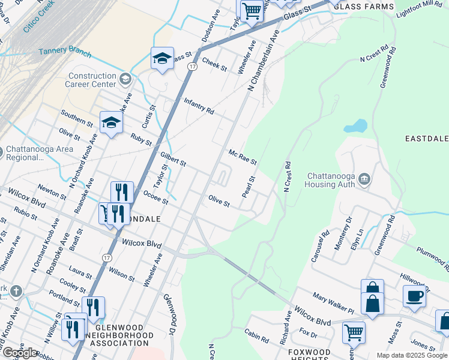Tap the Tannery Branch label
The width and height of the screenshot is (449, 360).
pyautogui.click(x=65, y=52)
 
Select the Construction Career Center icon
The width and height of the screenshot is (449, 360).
pyautogui.click(x=125, y=79)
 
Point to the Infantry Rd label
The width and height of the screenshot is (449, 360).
pyautogui.click(x=199, y=106)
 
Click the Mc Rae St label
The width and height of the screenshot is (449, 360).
pyautogui.click(x=243, y=158)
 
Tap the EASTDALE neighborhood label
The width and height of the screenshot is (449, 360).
pyautogui.click(x=427, y=139)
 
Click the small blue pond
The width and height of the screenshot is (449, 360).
pyautogui.click(x=355, y=127)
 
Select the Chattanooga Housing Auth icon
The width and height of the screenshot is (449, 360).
pyautogui.click(x=364, y=178)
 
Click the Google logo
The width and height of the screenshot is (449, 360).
pyautogui.click(x=19, y=353)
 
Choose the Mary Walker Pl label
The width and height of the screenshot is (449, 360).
pyautogui.click(x=333, y=302)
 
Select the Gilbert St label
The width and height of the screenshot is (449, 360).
pyautogui.click(x=173, y=159)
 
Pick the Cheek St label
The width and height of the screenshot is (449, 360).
pyautogui.click(x=214, y=64)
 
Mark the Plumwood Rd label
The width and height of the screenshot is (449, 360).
pyautogui.click(x=432, y=257)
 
